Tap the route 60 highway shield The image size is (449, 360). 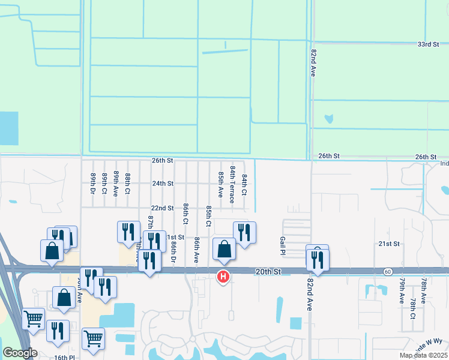click(389, 272)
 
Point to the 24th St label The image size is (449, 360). click(162, 184)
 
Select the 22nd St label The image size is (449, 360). click(162, 208)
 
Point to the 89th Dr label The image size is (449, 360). click(94, 184)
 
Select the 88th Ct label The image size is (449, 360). click(128, 184)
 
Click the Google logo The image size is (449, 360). click(20, 352)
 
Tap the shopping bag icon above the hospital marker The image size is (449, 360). click(224, 249)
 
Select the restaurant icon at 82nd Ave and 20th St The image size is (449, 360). click(317, 260)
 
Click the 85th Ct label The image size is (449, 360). click(208, 215)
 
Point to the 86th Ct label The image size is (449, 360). click(185, 213)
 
